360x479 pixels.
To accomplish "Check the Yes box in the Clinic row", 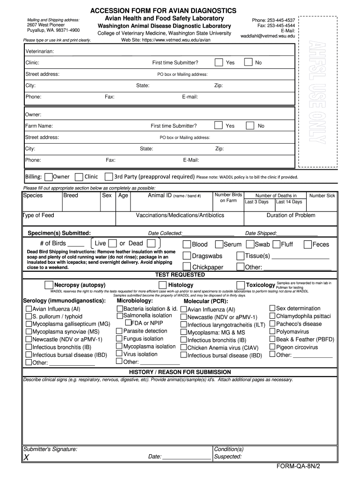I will [218, 63].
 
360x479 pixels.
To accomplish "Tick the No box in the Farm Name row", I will [250, 125].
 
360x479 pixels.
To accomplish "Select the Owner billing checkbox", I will [49, 176].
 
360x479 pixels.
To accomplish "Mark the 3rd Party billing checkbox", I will [108, 176].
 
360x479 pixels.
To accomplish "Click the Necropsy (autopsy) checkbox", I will [49, 285].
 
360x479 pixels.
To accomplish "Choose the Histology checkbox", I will [162, 285].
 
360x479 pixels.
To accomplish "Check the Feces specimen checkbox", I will [308, 244].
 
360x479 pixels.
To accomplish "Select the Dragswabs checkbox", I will [187, 256].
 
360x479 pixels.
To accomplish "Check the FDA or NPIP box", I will [128, 323].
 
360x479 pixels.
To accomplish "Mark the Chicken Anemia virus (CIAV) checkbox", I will [184, 348].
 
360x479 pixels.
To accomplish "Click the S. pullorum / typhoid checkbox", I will [29, 317].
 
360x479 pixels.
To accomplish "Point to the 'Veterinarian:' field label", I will [39, 51].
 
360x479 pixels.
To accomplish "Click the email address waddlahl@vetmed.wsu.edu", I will [268, 36].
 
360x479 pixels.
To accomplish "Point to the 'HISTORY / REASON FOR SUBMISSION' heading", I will [180, 372].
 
